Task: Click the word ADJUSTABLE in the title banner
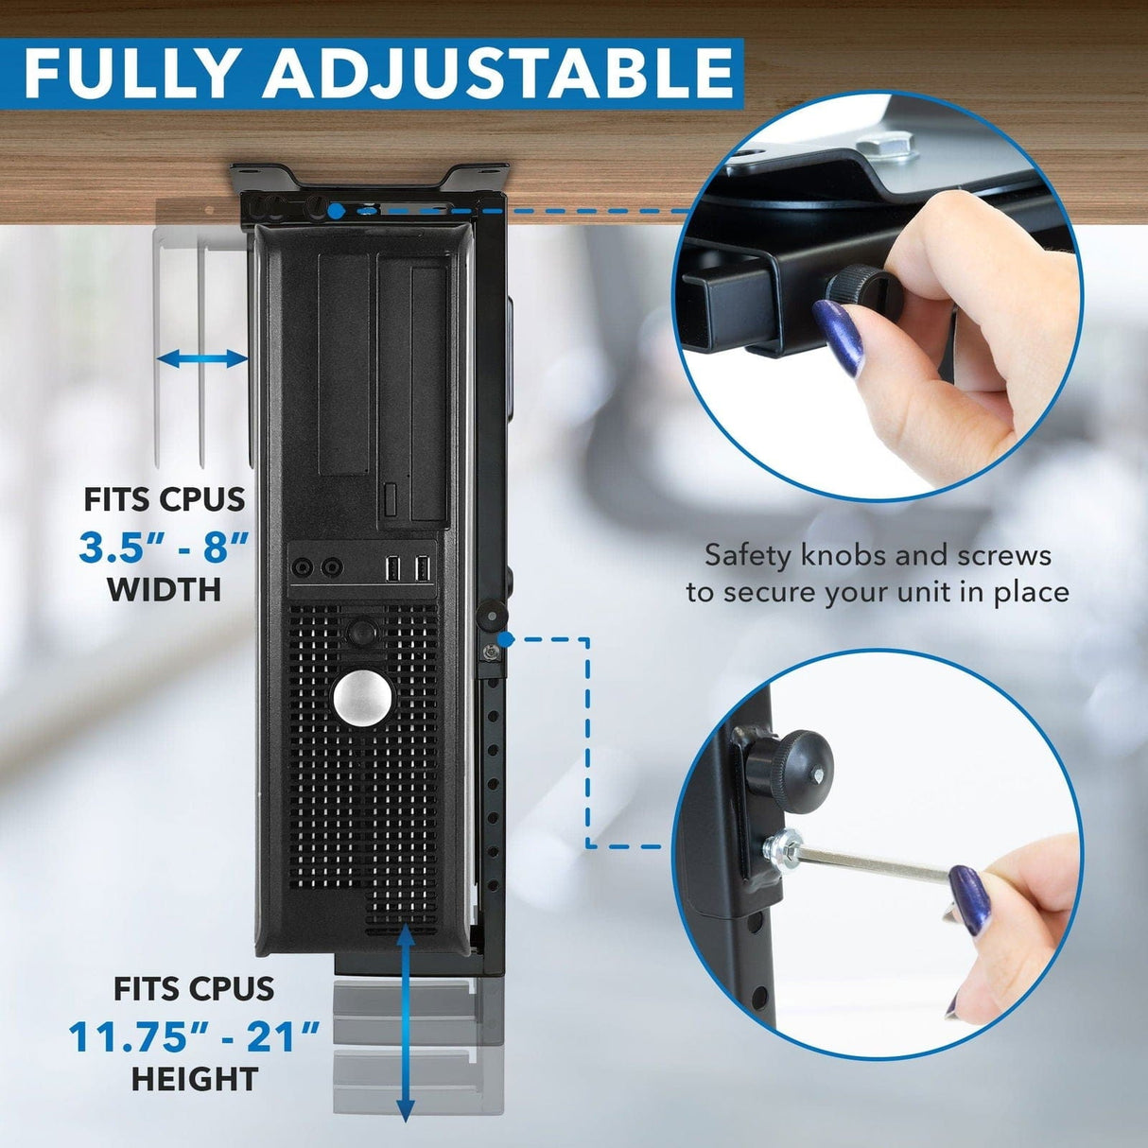[498, 72]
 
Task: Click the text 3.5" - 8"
[165, 547]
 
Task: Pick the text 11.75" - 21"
[195, 1037]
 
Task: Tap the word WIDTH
[164, 590]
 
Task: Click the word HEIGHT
[195, 1079]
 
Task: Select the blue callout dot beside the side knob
[506, 640]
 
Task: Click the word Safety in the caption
[746, 555]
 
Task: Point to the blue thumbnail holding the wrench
[970, 900]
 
